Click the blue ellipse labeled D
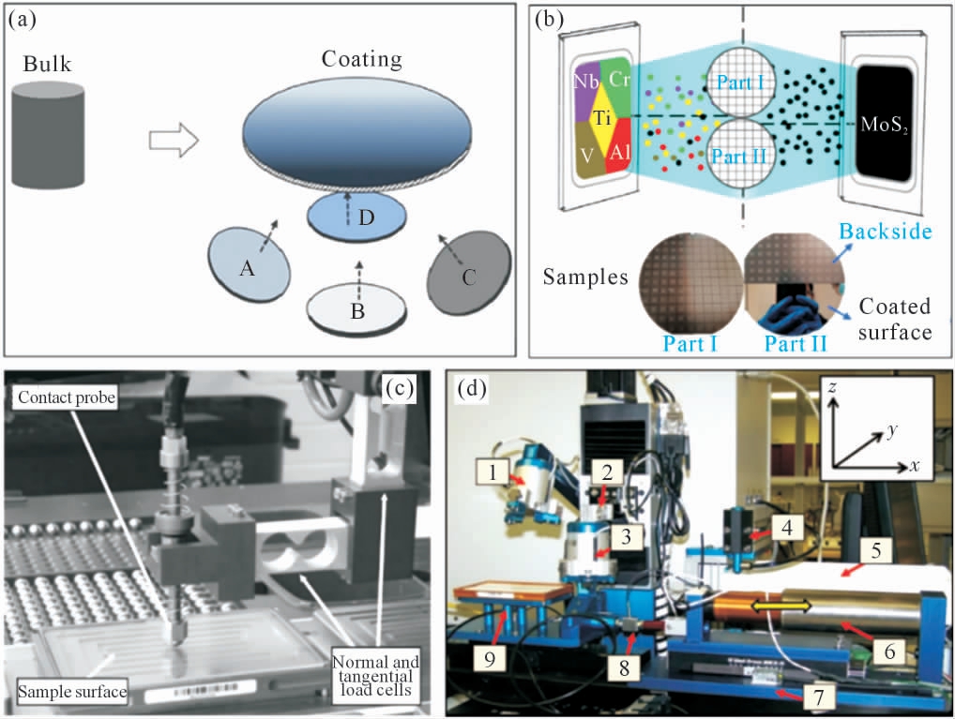pos(357,215)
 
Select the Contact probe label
pos(62,398)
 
